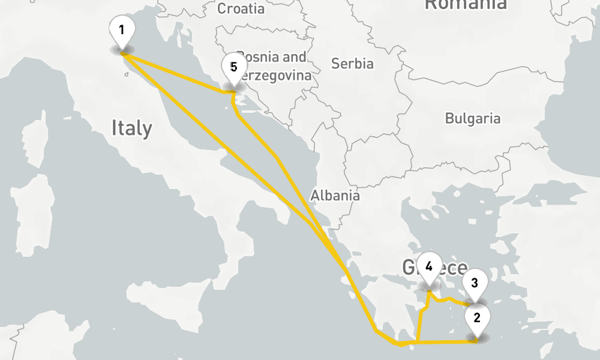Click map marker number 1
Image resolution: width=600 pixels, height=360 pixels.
(x=122, y=33)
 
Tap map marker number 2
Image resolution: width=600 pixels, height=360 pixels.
(x=477, y=321)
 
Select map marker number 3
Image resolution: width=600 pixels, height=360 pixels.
(x=474, y=285)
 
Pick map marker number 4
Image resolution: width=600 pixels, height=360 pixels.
(x=428, y=269)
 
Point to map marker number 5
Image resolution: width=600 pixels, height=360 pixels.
(x=233, y=70)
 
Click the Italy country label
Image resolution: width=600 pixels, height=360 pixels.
(x=131, y=128)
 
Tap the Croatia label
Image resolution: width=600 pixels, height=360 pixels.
(x=241, y=8)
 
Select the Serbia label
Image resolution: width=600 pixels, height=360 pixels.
(x=352, y=64)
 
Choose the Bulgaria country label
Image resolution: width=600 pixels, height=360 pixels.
(x=472, y=118)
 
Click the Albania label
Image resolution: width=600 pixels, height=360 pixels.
(x=335, y=195)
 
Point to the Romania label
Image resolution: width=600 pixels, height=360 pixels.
(x=465, y=5)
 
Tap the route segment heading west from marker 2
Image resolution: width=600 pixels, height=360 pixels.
(x=444, y=342)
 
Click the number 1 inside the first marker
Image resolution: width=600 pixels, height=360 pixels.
(x=122, y=29)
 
